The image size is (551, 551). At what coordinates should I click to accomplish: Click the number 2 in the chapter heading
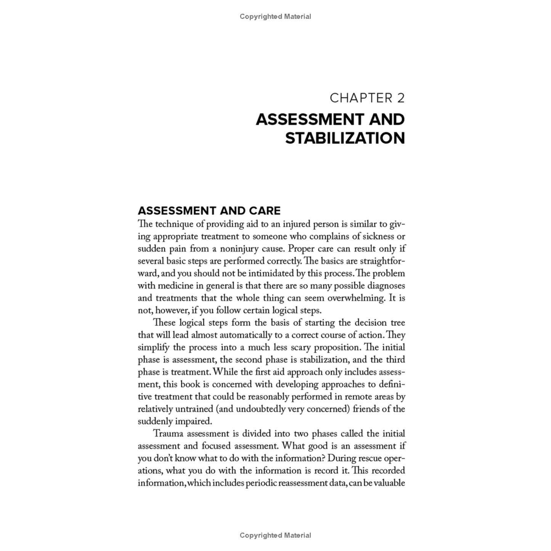[x=400, y=98]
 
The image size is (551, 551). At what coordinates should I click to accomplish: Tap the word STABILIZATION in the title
[x=345, y=138]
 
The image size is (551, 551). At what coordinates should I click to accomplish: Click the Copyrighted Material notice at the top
[x=275, y=16]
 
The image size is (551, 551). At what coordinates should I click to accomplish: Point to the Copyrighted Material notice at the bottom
[x=275, y=535]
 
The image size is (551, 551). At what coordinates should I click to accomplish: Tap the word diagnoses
[x=386, y=286]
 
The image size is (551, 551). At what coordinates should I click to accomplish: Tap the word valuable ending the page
[x=389, y=483]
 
